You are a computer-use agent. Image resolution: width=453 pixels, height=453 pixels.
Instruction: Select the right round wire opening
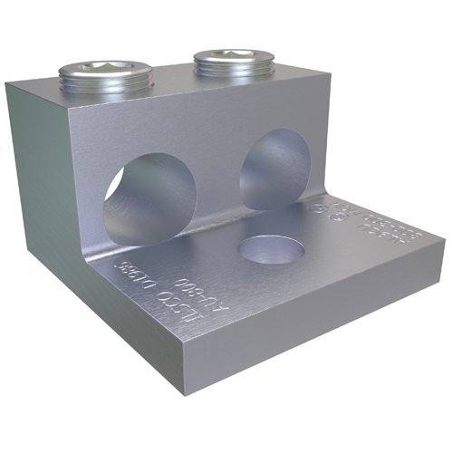[275, 169]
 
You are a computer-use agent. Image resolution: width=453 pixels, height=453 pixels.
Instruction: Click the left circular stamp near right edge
[320, 210]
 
